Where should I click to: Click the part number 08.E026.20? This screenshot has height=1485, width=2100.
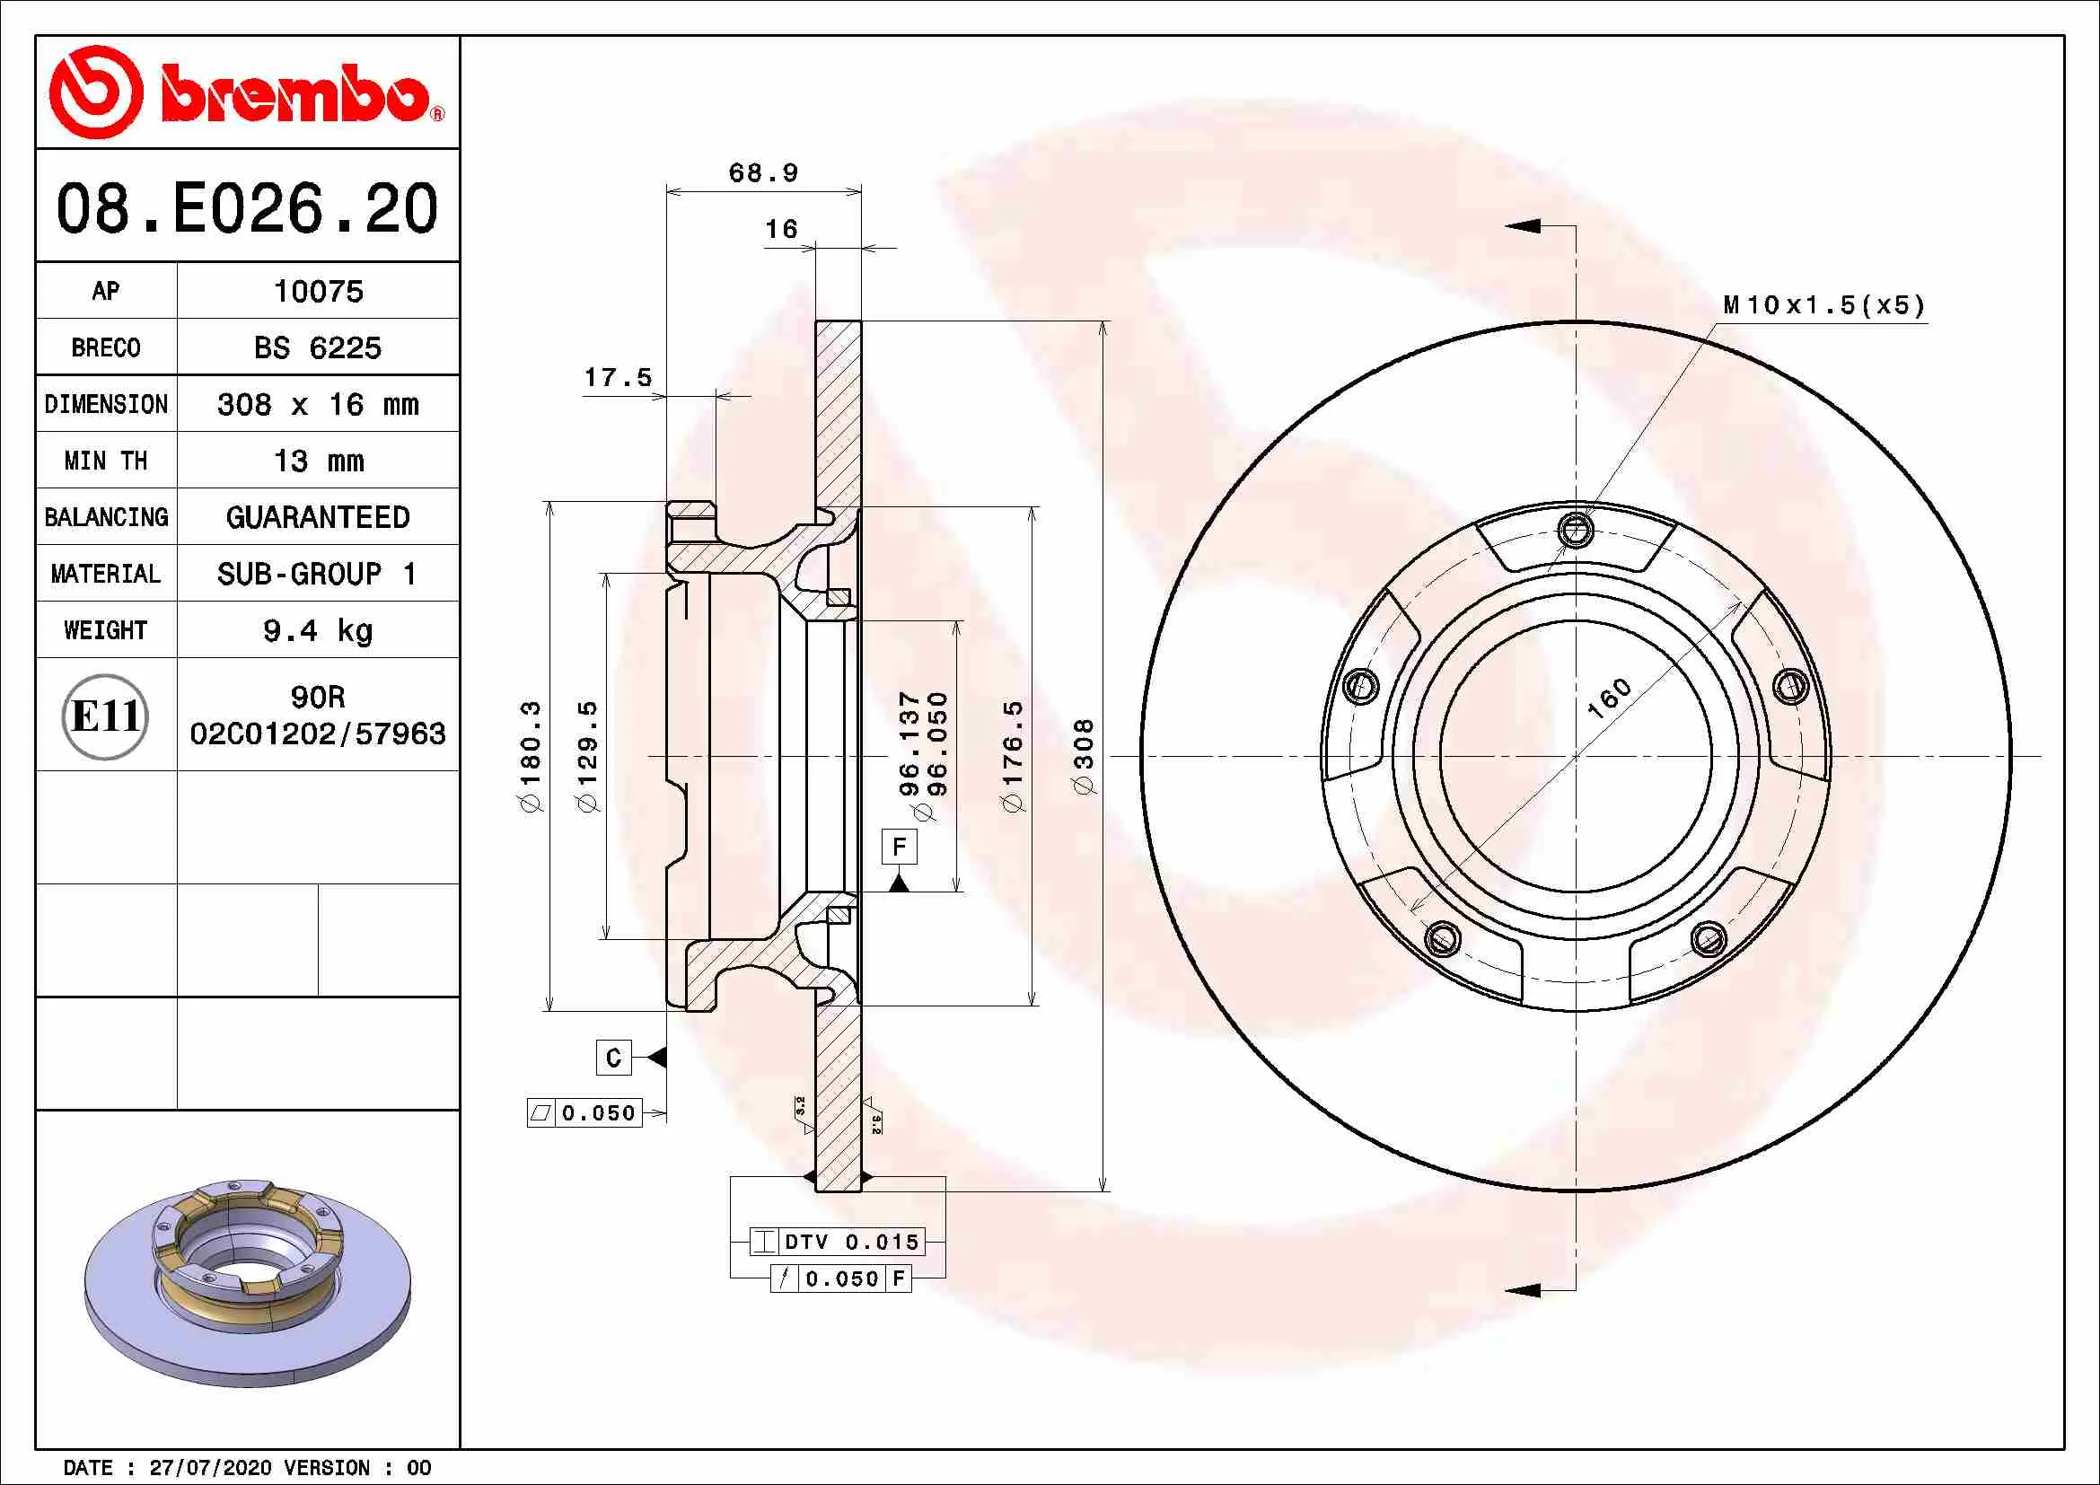tap(247, 208)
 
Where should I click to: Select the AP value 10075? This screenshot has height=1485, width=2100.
tap(319, 292)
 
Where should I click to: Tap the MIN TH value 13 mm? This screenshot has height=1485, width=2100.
tap(319, 461)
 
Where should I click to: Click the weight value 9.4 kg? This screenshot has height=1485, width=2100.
tap(319, 631)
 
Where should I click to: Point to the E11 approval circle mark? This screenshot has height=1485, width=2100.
tap(105, 716)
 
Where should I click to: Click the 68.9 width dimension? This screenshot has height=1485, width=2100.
tap(763, 172)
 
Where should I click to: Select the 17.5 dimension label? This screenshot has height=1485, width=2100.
tap(619, 378)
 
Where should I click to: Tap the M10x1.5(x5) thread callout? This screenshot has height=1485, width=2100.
tap(1823, 305)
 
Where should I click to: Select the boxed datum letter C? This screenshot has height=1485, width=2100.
tap(613, 1058)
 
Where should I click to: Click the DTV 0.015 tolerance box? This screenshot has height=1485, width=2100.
tap(837, 1242)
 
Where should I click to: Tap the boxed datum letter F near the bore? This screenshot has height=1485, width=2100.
tap(898, 847)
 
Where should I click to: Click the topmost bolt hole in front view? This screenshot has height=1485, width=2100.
tap(1575, 530)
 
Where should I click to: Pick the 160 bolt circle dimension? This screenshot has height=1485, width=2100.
tap(1609, 698)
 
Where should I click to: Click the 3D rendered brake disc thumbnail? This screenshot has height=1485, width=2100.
tap(247, 1280)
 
